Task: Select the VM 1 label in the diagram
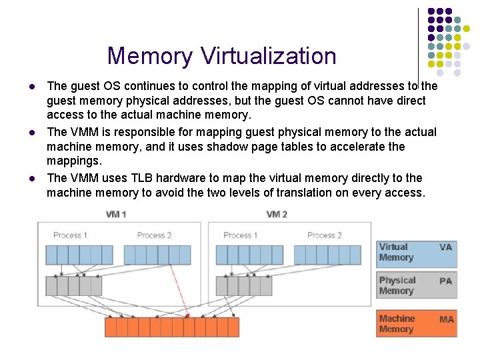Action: [x=117, y=215]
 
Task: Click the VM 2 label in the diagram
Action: [x=276, y=215]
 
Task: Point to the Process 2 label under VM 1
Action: [x=154, y=235]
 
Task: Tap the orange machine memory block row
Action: [x=171, y=327]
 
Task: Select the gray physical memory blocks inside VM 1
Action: [x=73, y=286]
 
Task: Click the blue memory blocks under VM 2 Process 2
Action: [x=327, y=255]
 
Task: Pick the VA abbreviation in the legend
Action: [x=445, y=247]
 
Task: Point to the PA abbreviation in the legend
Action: [x=445, y=281]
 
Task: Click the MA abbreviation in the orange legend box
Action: [x=446, y=319]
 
